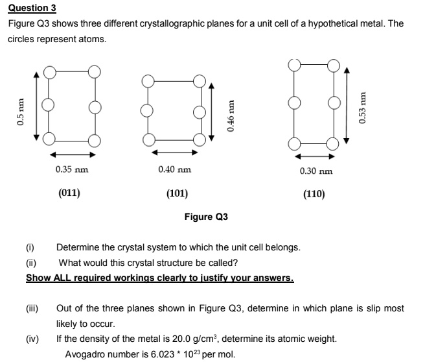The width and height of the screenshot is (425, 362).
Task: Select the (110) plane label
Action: coord(314,194)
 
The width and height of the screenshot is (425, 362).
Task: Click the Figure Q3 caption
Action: coord(206,217)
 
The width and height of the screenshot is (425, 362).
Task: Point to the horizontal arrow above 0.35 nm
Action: coord(71,154)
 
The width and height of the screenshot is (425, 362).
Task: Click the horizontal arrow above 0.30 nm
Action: coord(315,156)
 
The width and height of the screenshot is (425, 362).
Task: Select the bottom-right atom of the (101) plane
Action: coord(198,138)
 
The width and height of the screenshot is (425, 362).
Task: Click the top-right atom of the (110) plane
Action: coord(334,65)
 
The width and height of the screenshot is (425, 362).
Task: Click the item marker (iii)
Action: coord(32,309)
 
